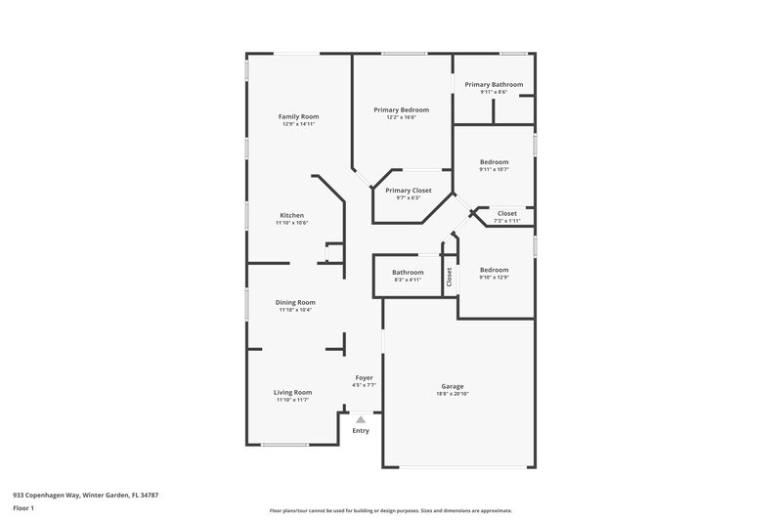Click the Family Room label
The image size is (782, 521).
point(298,116)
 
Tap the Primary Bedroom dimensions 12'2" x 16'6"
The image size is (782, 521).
point(401,117)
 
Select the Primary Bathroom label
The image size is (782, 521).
point(493,84)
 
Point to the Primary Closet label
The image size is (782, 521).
point(408,191)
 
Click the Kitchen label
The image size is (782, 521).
point(291,215)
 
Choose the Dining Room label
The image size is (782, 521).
point(294,302)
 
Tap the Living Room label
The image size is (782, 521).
point(292,392)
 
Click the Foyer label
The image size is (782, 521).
point(363,377)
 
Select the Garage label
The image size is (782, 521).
point(452,386)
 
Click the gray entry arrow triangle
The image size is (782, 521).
point(360,419)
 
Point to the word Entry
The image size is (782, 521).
point(361,431)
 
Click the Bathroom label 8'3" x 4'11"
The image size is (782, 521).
point(408,272)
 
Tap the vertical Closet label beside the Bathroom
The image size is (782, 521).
point(450,277)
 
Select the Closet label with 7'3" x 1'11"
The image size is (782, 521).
point(507,213)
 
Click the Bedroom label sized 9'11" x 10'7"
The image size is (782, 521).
point(494,161)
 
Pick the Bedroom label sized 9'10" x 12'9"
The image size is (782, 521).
point(494,269)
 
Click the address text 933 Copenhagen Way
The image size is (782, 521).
point(85,495)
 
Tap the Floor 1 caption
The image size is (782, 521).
point(23,509)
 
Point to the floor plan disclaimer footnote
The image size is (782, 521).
point(390,510)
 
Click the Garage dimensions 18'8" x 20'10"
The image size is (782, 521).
point(452,394)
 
